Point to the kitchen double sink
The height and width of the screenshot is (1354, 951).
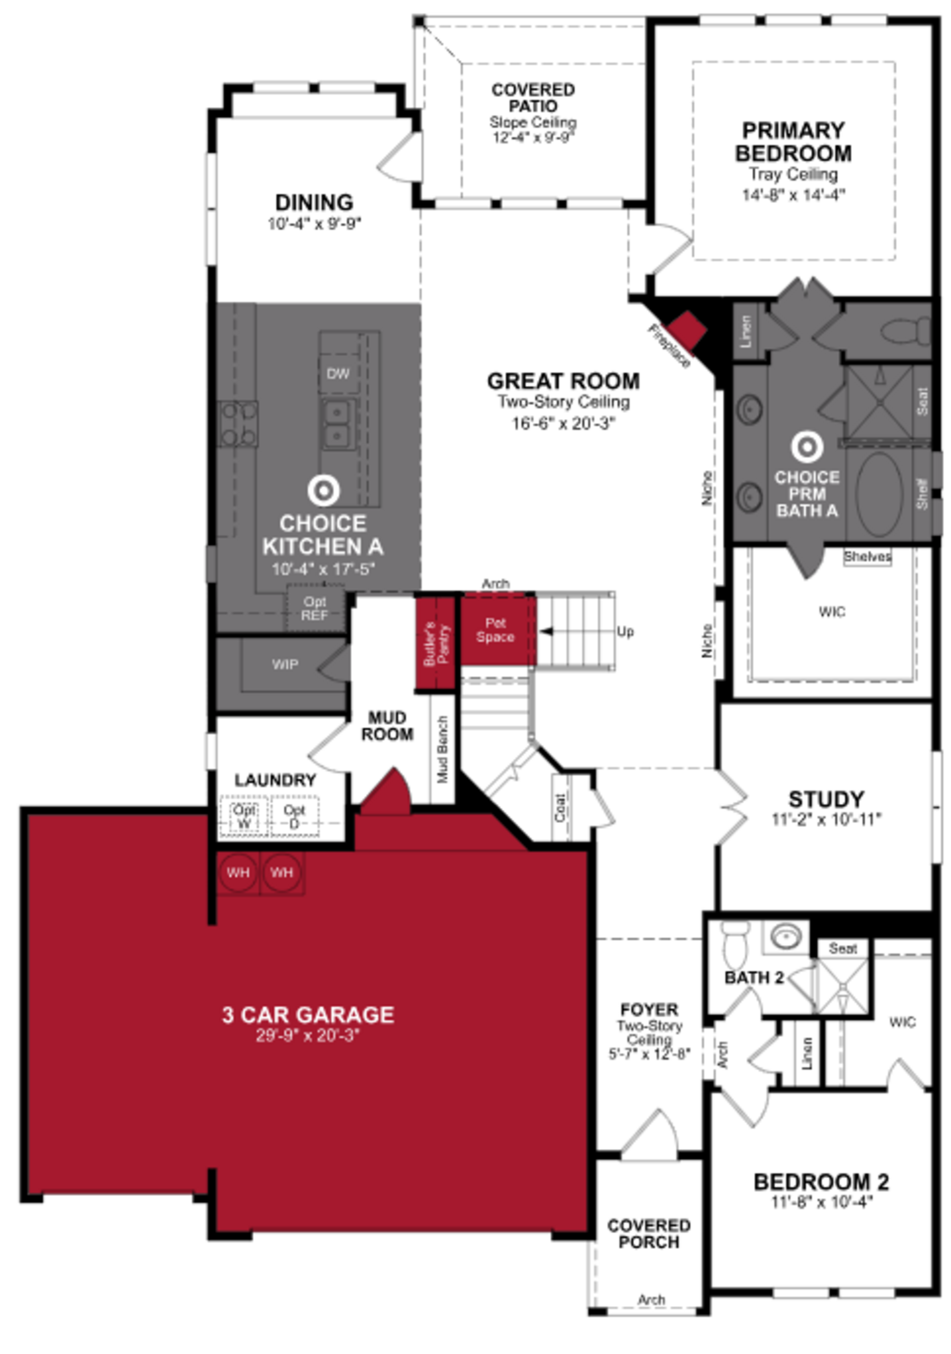click(x=338, y=423)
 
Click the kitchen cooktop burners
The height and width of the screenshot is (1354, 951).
click(x=238, y=423)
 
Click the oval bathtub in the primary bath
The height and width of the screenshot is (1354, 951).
click(x=879, y=494)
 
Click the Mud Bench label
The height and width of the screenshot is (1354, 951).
click(x=443, y=749)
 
